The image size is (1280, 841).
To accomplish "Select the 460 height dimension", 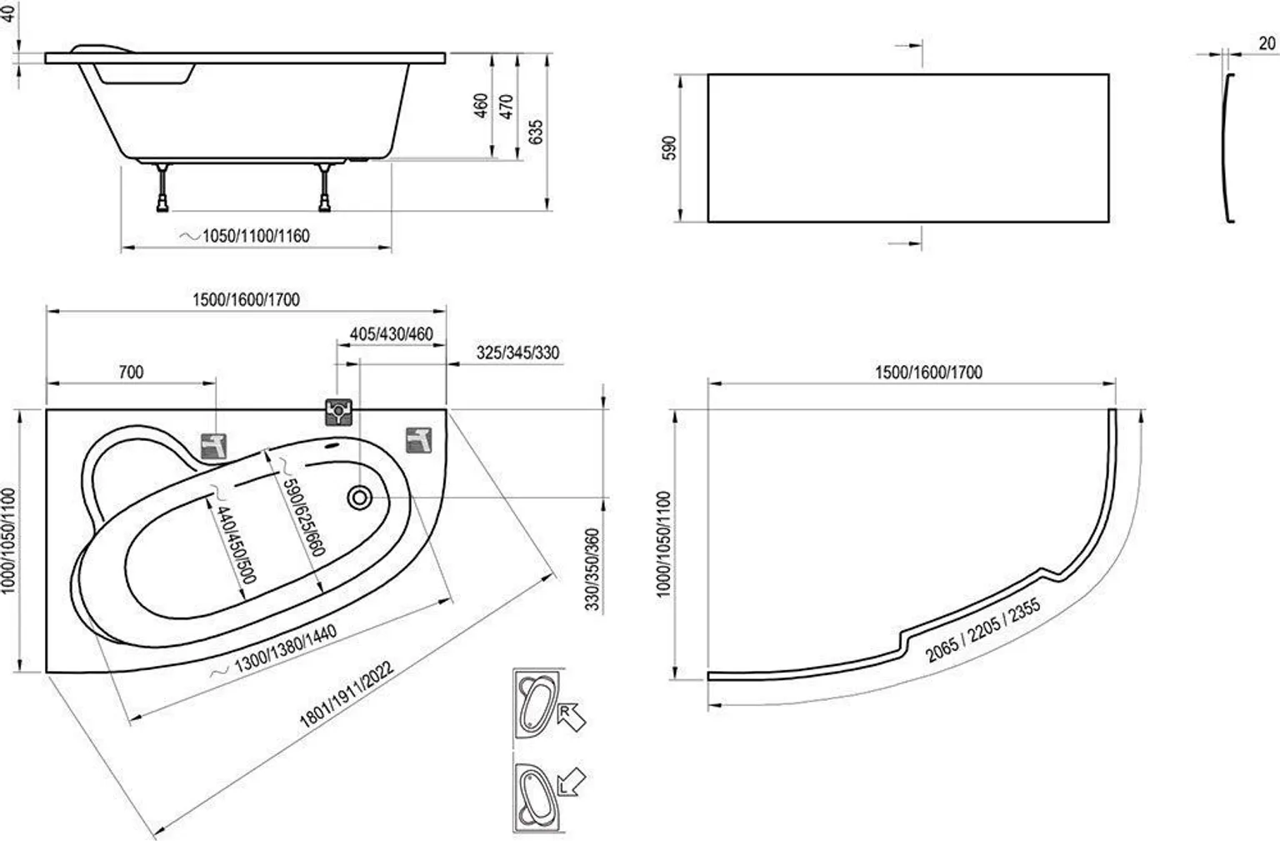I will click(x=481, y=106).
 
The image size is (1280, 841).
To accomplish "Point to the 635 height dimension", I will click(x=536, y=133).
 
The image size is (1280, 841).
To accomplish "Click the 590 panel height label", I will click(x=671, y=148).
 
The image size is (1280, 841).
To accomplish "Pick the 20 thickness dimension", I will click(x=1266, y=44).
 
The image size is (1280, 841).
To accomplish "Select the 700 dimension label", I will click(x=131, y=372).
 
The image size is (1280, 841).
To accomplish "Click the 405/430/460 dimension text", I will click(x=391, y=333).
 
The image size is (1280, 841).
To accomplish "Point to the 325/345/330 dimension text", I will click(x=517, y=353).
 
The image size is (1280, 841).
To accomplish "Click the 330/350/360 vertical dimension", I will click(x=592, y=570).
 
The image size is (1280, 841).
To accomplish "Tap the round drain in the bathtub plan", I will click(x=361, y=498).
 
